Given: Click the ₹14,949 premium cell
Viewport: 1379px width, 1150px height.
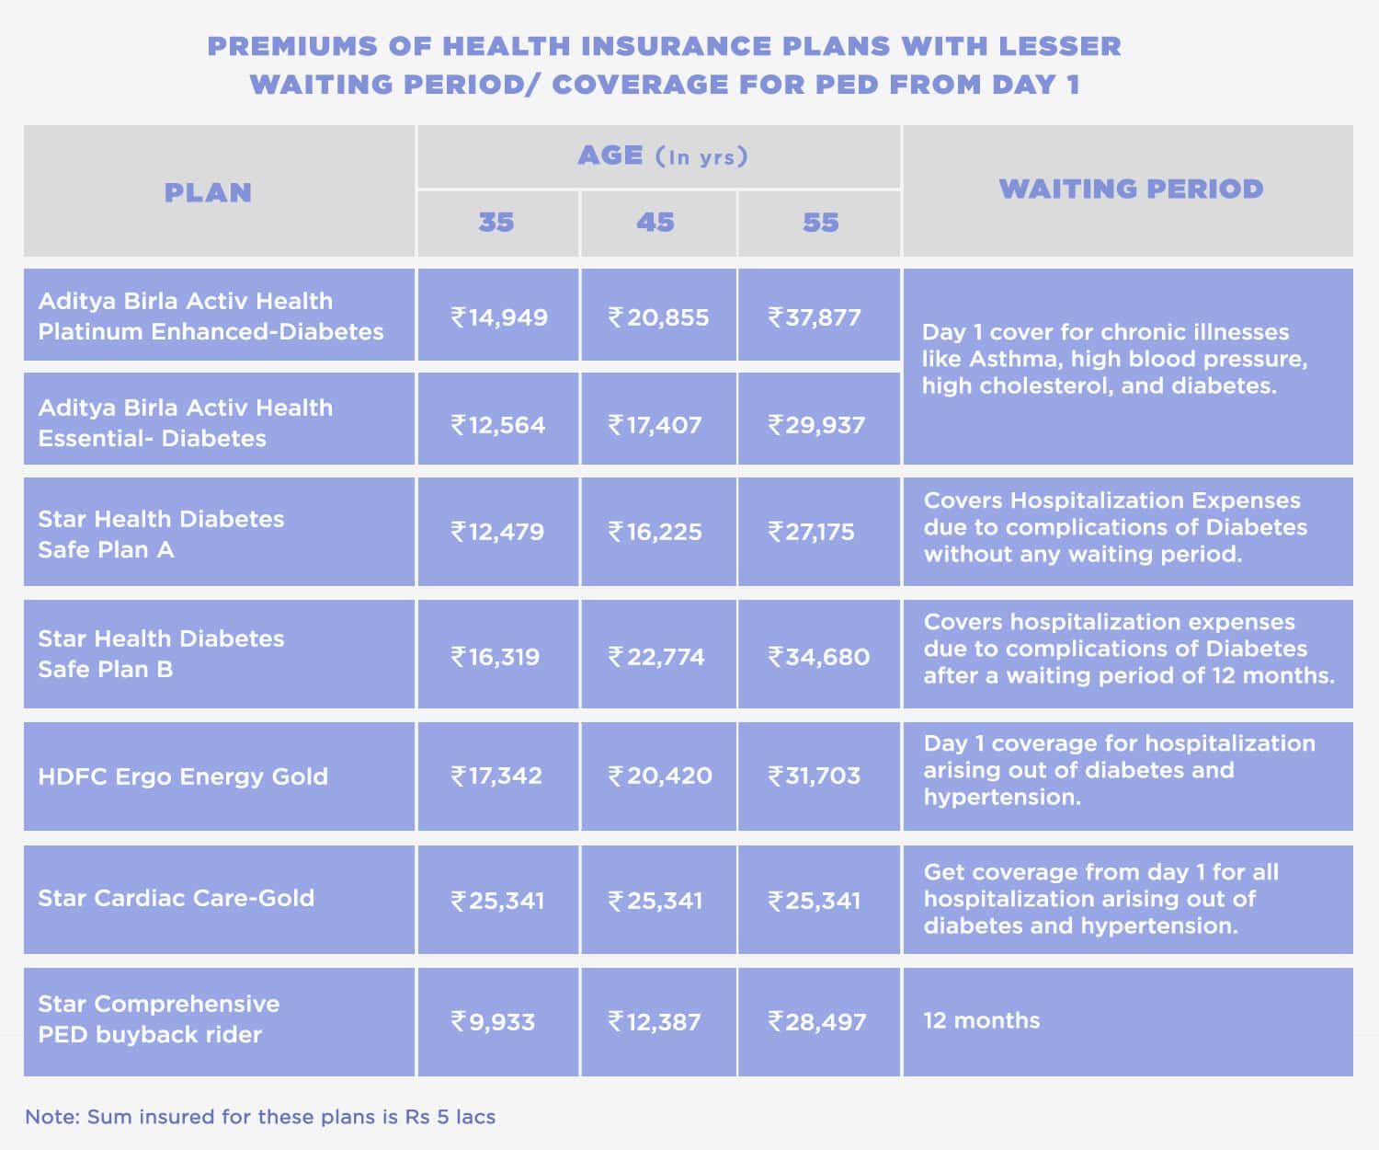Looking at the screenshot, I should (x=498, y=317).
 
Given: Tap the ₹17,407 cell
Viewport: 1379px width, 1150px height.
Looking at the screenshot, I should (x=655, y=425).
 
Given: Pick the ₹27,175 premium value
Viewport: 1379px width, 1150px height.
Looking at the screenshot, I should (x=812, y=532).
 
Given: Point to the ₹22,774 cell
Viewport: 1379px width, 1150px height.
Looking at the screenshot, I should (x=656, y=657).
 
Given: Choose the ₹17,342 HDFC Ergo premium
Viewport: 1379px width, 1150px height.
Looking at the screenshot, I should (x=496, y=776).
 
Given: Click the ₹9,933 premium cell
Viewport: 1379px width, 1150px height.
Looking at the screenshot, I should (x=493, y=1022).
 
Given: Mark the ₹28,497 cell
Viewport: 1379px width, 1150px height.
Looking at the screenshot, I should (x=817, y=1022).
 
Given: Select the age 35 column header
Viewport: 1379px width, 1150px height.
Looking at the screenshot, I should (x=496, y=223).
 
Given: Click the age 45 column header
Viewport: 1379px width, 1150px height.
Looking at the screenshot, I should (x=655, y=223).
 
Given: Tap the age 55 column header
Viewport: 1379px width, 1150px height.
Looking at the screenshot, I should (x=820, y=223).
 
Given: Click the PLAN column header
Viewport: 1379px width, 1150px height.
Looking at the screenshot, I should (x=208, y=193).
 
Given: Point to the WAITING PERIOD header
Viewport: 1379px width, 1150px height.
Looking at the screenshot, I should (x=1131, y=189).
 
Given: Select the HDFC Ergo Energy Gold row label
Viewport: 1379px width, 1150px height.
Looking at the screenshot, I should (x=183, y=776).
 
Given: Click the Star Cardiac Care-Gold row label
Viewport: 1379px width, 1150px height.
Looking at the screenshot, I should (x=177, y=898).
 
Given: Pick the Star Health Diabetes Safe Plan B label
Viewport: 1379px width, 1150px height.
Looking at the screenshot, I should (x=161, y=653).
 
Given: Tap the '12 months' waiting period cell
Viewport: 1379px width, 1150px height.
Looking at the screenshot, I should (x=982, y=1020).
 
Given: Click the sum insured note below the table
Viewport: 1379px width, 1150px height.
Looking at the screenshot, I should (x=260, y=1117).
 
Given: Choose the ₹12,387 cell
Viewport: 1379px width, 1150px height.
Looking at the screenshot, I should (x=655, y=1022).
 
